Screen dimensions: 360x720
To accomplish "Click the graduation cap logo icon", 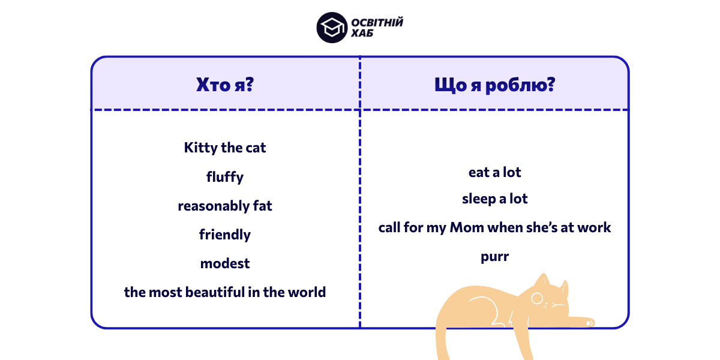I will (332, 28).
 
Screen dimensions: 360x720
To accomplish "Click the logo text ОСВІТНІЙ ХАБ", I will (377, 28).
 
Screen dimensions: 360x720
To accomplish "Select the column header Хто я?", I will (225, 85).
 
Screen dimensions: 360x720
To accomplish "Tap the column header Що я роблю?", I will (494, 85).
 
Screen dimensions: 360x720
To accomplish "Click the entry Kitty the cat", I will (225, 148).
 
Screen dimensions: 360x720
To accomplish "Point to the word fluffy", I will (225, 177).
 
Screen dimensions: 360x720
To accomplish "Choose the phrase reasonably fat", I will (225, 206).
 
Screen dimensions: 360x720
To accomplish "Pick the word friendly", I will (225, 235).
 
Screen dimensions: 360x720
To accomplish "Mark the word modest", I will (225, 263).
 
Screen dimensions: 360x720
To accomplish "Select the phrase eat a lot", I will (494, 172).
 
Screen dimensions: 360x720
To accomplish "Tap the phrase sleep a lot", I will (494, 199).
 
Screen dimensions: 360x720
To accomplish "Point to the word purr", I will (494, 257).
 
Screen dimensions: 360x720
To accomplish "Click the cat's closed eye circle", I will (537, 298).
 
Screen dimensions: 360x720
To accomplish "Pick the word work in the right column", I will (593, 227).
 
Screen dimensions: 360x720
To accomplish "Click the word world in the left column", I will (306, 292).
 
